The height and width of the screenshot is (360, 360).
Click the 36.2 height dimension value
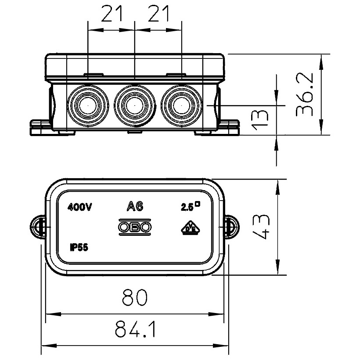coord(305,94)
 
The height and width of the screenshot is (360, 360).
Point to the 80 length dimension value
coord(135,298)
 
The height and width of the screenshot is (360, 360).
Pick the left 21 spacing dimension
coord(112,15)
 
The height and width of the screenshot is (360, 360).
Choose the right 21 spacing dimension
coord(158,15)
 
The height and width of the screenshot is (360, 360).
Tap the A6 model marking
coord(135,206)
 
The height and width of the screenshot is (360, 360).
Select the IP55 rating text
coord(79,248)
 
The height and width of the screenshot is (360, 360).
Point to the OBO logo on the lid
coord(135,227)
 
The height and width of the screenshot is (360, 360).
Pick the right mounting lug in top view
coord(231,227)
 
